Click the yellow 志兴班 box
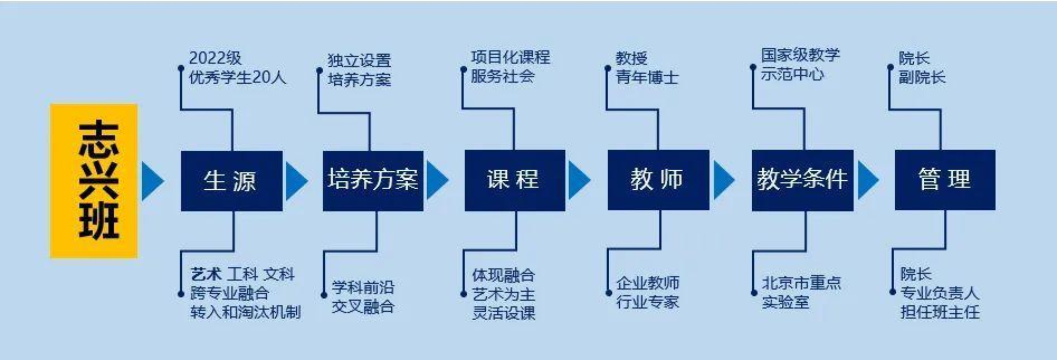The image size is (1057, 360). pos(94,181)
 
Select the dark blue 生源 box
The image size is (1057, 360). pos(232,181)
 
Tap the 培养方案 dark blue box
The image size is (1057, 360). pos(373,181)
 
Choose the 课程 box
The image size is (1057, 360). pos(515,180)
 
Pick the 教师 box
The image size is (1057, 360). pos(659,180)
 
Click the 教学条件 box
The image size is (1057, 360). pos(803,180)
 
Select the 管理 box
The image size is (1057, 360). pos(945,180)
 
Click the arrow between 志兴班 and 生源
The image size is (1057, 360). pos(153,181)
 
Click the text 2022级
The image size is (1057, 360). pos(215,58)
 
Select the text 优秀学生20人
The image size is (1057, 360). pos(237,77)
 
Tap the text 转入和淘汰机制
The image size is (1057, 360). pos(245,312)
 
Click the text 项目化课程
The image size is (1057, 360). pos(511,57)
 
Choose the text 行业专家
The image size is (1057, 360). pos(648,302)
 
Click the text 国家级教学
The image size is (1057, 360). pos(801,55)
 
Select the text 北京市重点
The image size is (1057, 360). pos(802,283)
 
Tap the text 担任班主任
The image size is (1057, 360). pos(940,312)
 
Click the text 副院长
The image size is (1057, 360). pos(922,77)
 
